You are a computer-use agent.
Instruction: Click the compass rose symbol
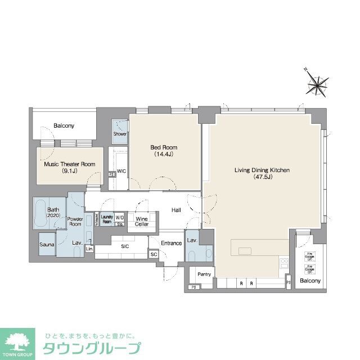click(317, 85)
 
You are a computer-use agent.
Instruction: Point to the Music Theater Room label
click(70, 168)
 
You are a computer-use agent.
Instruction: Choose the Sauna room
click(46, 245)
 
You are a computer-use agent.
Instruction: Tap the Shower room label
click(120, 134)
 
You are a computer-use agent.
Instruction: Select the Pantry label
click(204, 274)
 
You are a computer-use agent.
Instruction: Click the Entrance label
click(171, 243)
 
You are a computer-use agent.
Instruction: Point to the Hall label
click(176, 210)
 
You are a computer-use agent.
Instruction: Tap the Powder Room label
click(75, 221)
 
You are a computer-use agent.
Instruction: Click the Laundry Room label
click(107, 218)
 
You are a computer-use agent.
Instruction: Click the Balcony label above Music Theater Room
click(64, 126)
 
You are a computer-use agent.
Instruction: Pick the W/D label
click(120, 217)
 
